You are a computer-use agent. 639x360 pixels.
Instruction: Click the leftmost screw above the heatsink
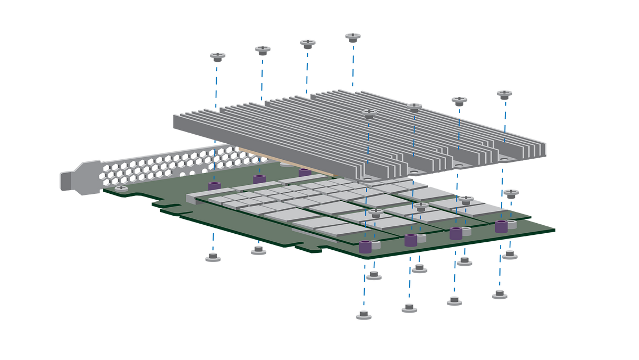coord(217,55)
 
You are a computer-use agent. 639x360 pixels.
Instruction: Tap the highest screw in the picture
coord(353,36)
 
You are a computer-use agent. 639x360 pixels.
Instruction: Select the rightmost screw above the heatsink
coord(504,94)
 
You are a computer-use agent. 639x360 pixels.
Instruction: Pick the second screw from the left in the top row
coord(263,50)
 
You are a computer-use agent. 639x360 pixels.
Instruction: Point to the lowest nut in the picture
coord(363,315)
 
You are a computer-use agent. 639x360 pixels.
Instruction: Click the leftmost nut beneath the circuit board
coord(213,258)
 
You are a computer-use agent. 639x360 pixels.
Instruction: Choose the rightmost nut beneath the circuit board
coord(510,255)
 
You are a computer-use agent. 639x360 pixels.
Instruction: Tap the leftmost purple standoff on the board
coord(215,186)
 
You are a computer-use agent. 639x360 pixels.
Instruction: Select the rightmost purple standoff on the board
coord(501,226)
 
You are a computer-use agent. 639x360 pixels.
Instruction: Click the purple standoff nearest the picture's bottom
coord(365,247)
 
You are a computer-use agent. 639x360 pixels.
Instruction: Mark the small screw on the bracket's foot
coord(121,189)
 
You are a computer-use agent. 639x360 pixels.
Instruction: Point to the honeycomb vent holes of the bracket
coord(160,165)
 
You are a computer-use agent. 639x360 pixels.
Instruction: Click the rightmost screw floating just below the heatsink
coord(511,192)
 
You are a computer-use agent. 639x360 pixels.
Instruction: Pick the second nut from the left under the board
coord(259,250)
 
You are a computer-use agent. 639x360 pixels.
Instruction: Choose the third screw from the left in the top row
coord(308,43)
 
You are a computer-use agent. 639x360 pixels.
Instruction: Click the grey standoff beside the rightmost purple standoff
coord(512,225)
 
